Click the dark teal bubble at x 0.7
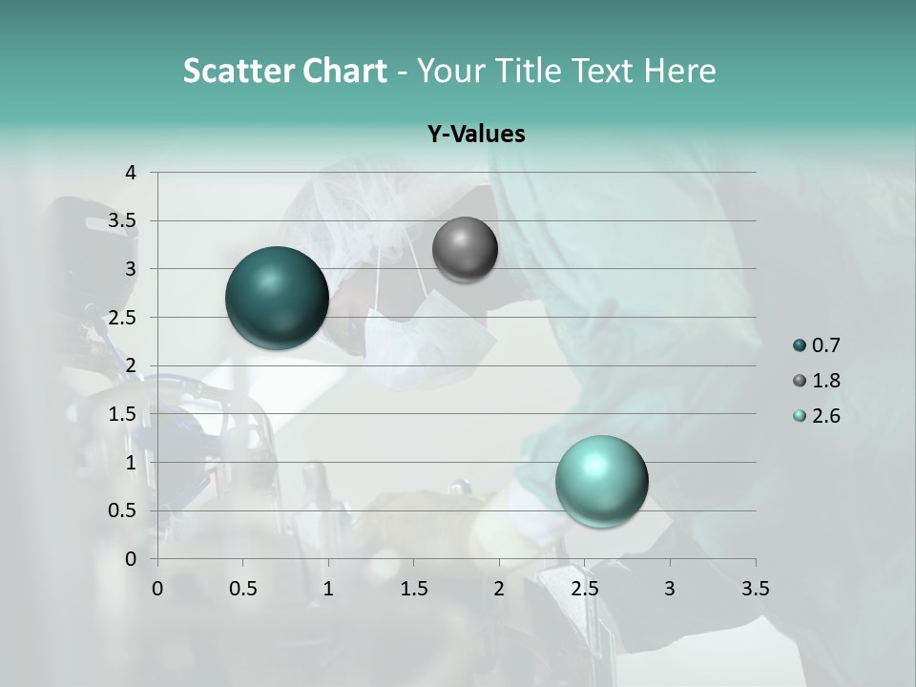(277, 298)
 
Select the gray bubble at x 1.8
(465, 249)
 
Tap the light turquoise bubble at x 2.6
(601, 481)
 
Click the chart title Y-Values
(476, 135)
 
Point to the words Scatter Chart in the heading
(284, 71)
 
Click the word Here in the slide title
(679, 71)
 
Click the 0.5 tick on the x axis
(243, 589)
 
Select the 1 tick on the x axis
(328, 589)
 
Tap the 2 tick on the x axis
(499, 589)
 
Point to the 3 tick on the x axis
(670, 589)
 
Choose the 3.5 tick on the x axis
(755, 589)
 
